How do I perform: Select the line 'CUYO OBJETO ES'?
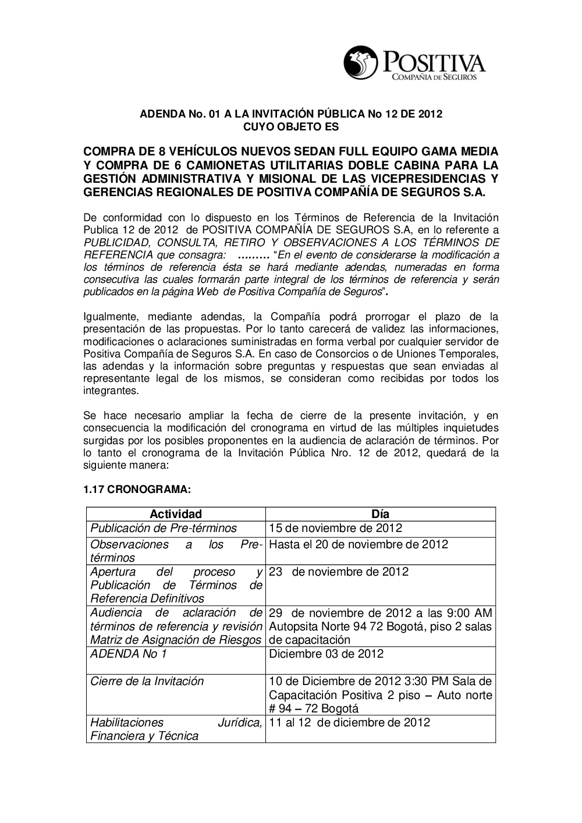tap(290, 126)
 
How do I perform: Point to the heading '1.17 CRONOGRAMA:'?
tap(137, 490)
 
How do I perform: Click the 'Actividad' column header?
tap(176, 514)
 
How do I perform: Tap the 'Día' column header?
tap(381, 514)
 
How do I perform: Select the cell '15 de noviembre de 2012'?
tap(336, 528)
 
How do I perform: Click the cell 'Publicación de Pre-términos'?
tap(164, 528)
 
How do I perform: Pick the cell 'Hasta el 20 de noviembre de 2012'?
tap(359, 545)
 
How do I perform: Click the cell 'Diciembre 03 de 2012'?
tap(327, 654)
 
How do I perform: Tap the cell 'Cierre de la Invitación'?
tap(147, 681)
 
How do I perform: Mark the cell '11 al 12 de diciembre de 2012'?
tap(350, 722)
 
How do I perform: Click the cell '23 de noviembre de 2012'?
tap(339, 572)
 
